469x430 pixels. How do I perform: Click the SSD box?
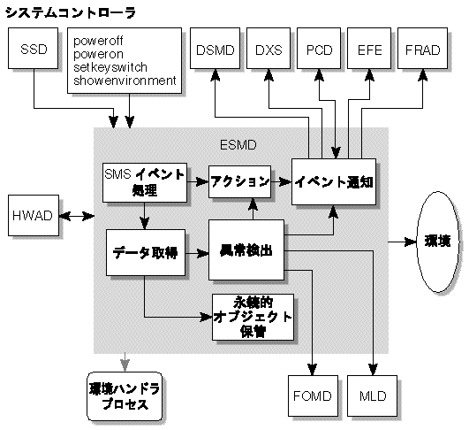(33, 50)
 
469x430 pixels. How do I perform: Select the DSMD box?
(215, 50)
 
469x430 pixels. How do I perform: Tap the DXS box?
(267, 50)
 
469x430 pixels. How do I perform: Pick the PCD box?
(319, 50)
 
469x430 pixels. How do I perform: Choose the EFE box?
(370, 50)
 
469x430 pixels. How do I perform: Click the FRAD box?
(422, 50)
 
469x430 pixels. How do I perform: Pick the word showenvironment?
(125, 81)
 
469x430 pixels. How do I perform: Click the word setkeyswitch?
(110, 67)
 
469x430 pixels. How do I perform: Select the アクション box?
(238, 181)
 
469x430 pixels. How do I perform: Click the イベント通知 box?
(334, 181)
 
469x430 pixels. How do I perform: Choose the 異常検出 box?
(246, 251)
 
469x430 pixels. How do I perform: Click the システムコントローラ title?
(72, 12)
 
